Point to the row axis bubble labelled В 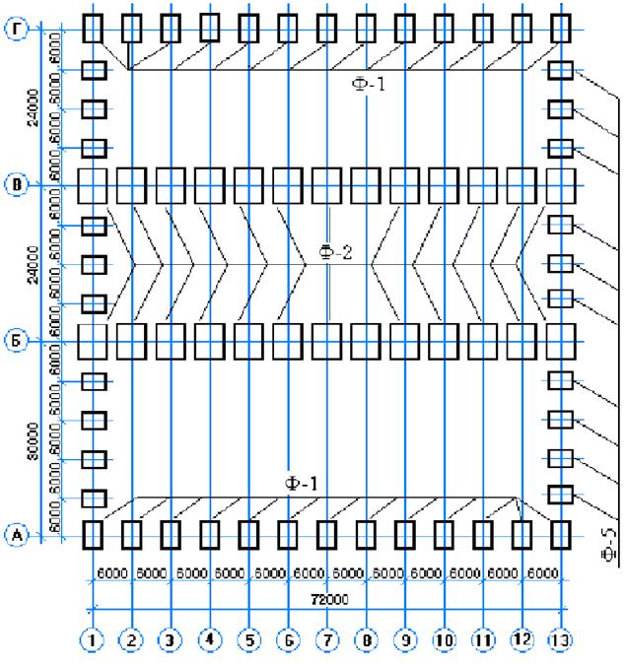(x=17, y=184)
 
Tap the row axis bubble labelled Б (x=17, y=341)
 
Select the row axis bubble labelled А (x=17, y=535)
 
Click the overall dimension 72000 (x=326, y=598)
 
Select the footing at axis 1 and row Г (x=92, y=28)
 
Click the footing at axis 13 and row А (x=561, y=535)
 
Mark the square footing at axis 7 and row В (x=326, y=184)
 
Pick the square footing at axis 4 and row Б (x=209, y=341)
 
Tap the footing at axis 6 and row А (x=287, y=535)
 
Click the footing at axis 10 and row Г (x=444, y=28)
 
